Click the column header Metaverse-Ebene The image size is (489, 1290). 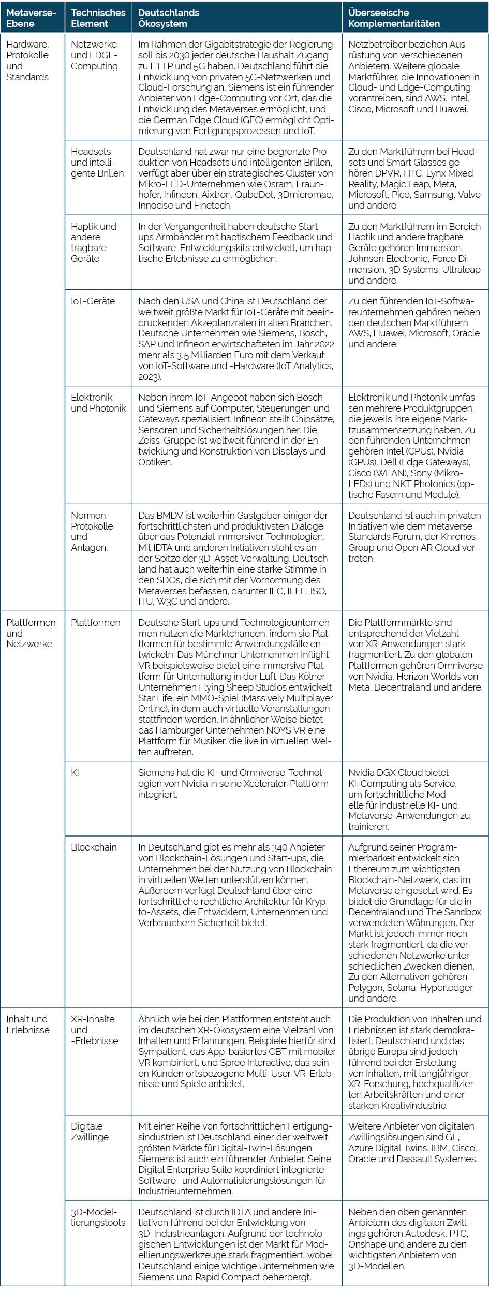pyautogui.click(x=31, y=18)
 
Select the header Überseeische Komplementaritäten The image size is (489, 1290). pyautogui.click(x=394, y=18)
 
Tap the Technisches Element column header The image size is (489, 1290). pyautogui.click(x=98, y=18)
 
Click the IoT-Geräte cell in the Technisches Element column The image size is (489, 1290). pyautogui.click(x=93, y=301)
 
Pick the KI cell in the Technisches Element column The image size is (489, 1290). pyautogui.click(x=75, y=773)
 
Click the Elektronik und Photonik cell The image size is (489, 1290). pyautogui.click(x=98, y=403)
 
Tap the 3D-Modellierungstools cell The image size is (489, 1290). pyautogui.click(x=98, y=1218)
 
